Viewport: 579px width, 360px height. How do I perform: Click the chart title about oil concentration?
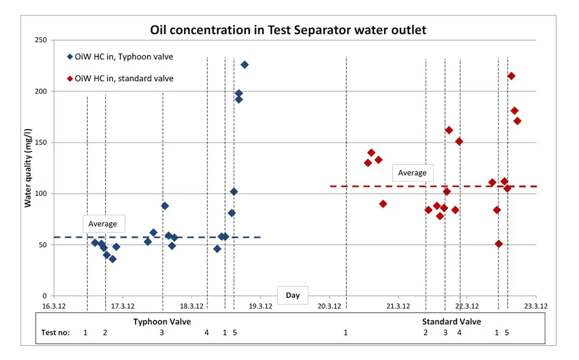point(288,30)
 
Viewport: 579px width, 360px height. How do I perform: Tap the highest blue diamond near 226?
point(244,65)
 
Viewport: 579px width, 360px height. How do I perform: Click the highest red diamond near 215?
point(511,76)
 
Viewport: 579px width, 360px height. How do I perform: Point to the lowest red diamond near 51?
point(499,244)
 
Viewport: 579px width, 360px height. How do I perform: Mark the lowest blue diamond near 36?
point(113,259)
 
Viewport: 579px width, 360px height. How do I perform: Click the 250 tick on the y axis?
point(41,40)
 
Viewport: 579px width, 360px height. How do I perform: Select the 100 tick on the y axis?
point(41,193)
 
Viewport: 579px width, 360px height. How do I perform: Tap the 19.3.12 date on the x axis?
point(261,306)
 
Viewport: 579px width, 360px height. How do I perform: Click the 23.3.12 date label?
point(536,306)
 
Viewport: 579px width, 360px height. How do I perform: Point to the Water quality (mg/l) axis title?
point(28,168)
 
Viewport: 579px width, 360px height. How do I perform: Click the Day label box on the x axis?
point(293,295)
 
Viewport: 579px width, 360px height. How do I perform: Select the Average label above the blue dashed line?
point(102,224)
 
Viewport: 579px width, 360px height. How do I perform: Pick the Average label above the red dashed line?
point(412,173)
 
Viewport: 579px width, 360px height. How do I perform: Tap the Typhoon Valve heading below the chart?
point(162,322)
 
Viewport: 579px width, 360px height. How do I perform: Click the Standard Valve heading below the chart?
point(451,322)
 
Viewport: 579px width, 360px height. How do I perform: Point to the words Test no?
point(55,333)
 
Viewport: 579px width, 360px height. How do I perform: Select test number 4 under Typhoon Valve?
point(206,333)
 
